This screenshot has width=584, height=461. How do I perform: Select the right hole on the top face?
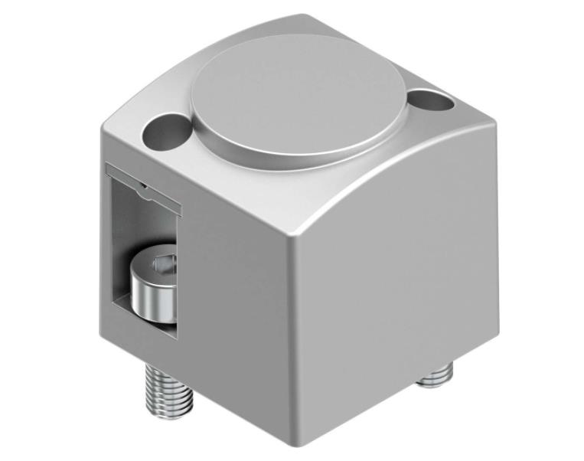pos(426,100)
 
